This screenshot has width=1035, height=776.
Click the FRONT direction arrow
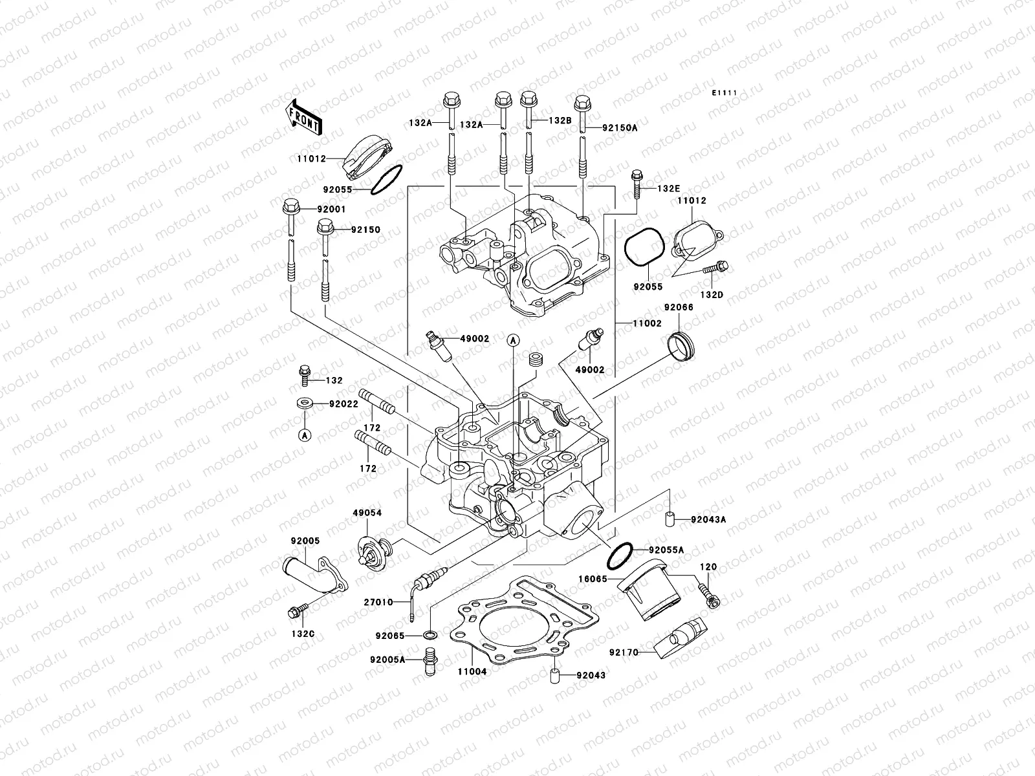(x=303, y=116)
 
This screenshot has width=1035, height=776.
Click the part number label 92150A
(x=619, y=128)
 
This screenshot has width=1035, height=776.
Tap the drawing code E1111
(x=724, y=94)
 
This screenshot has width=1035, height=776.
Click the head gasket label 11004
(x=472, y=672)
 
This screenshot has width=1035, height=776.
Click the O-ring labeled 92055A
(x=620, y=554)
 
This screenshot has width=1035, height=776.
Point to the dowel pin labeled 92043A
(x=670, y=519)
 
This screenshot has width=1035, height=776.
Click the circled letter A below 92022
(x=305, y=435)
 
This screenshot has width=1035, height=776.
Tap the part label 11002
(x=648, y=323)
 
